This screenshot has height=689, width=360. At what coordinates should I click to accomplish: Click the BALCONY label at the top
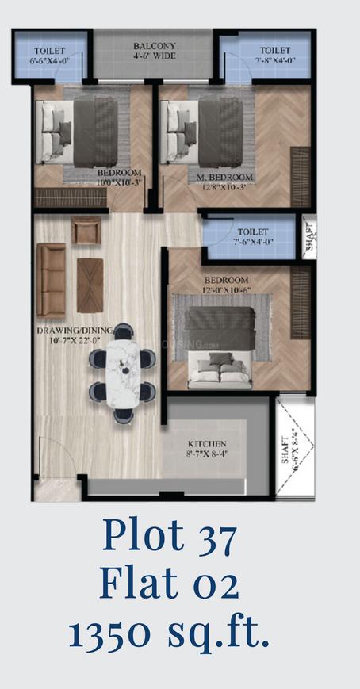point(155,46)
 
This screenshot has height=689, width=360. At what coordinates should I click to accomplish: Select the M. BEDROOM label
point(224,176)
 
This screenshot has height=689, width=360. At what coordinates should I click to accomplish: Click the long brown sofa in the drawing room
point(51,279)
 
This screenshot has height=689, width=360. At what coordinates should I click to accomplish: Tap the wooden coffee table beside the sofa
point(89,285)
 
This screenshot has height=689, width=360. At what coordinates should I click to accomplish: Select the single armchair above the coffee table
point(86,230)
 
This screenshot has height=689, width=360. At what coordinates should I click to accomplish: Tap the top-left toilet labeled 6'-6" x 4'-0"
point(49,56)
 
